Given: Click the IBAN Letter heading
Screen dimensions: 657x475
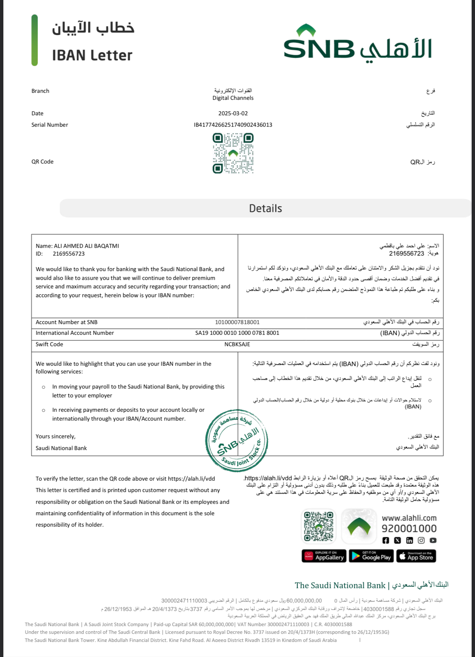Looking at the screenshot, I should [x=92, y=55].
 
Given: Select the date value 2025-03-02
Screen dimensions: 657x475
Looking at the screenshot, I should [x=233, y=113].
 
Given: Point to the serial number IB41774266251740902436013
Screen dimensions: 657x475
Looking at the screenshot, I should [x=233, y=125].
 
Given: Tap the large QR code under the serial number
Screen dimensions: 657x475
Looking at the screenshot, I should [x=233, y=153].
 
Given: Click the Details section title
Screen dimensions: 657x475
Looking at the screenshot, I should [x=265, y=208].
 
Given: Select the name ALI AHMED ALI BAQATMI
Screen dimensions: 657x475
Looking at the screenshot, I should [x=86, y=246].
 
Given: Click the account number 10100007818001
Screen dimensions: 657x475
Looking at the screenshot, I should [x=237, y=322].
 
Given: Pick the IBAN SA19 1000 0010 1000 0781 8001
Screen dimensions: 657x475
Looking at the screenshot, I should [x=237, y=333].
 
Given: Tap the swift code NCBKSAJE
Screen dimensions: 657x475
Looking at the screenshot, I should [x=237, y=344].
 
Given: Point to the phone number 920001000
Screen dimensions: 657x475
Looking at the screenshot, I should [x=409, y=528].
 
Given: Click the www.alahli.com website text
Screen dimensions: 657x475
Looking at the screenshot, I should [x=409, y=518].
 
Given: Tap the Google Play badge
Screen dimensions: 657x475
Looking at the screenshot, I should [x=371, y=556].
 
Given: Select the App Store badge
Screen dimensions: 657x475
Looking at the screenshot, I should [x=416, y=556].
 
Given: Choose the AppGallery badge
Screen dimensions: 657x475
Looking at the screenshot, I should [x=324, y=556].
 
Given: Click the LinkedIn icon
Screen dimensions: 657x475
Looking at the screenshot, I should [x=409, y=540].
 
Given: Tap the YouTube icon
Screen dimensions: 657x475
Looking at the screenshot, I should [x=433, y=540].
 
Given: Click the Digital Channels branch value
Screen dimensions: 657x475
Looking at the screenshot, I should [x=233, y=98].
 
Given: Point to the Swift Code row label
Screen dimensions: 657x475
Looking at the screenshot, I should [x=49, y=344].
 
